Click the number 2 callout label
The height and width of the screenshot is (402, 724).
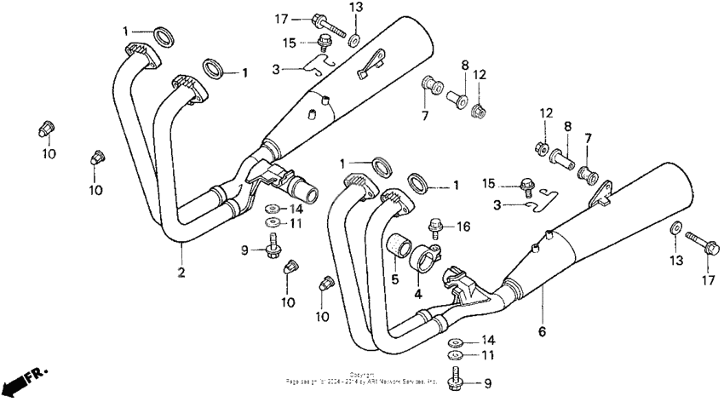pyautogui.click(x=181, y=272)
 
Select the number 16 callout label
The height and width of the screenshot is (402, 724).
pyautogui.click(x=464, y=227)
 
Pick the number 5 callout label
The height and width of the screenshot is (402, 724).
pyautogui.click(x=395, y=279)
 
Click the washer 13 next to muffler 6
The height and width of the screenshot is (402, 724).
pyautogui.click(x=675, y=227)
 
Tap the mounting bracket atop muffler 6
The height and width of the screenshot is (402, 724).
pyautogui.click(x=604, y=194)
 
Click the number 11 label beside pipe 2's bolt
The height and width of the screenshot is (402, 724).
pyautogui.click(x=296, y=223)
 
